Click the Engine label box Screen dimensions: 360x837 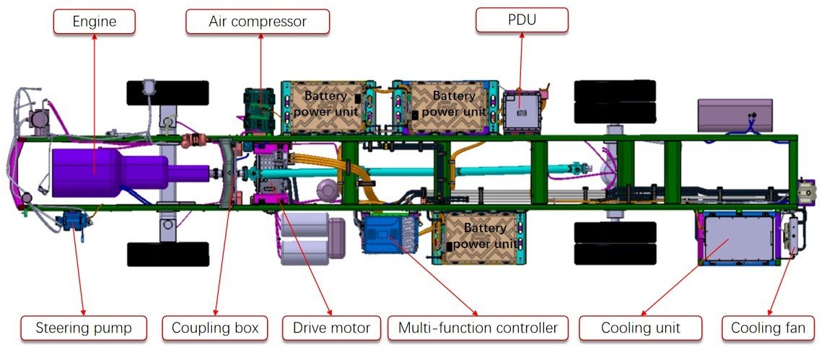tap(95, 22)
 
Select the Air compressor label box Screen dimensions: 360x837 tap(258, 22)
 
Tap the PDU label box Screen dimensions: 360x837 tap(522, 19)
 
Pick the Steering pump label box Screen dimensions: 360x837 tap(84, 328)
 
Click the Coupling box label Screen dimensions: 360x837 tap(214, 328)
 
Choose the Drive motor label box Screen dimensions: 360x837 tap(331, 328)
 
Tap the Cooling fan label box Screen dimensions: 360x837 tap(768, 328)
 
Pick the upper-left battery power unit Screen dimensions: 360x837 tap(329, 106)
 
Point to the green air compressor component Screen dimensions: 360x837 tap(259, 108)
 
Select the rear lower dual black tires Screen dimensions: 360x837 tap(615, 242)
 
